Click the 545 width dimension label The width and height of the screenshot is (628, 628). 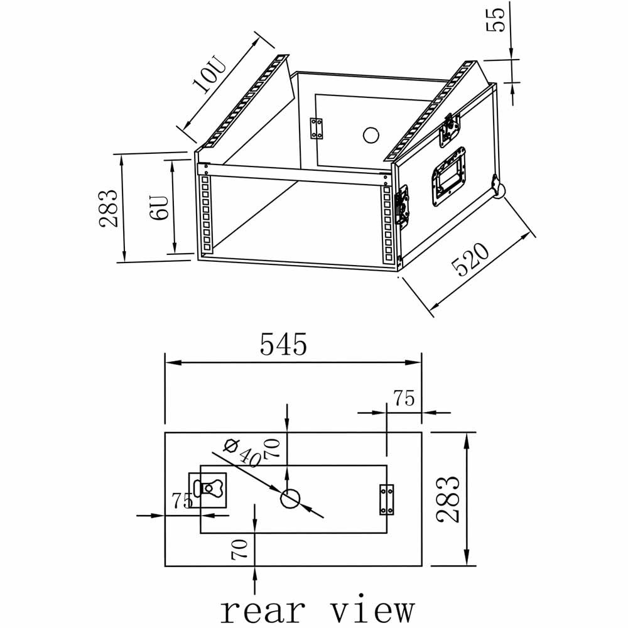click(x=284, y=344)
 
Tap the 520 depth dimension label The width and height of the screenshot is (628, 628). click(x=470, y=259)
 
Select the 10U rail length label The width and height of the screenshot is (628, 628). click(x=209, y=75)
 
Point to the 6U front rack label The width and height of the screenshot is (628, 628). click(x=160, y=207)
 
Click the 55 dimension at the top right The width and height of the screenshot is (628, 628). click(x=495, y=20)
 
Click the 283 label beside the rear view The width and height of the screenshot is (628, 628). click(x=448, y=499)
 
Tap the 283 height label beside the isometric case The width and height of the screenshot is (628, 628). click(x=108, y=208)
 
